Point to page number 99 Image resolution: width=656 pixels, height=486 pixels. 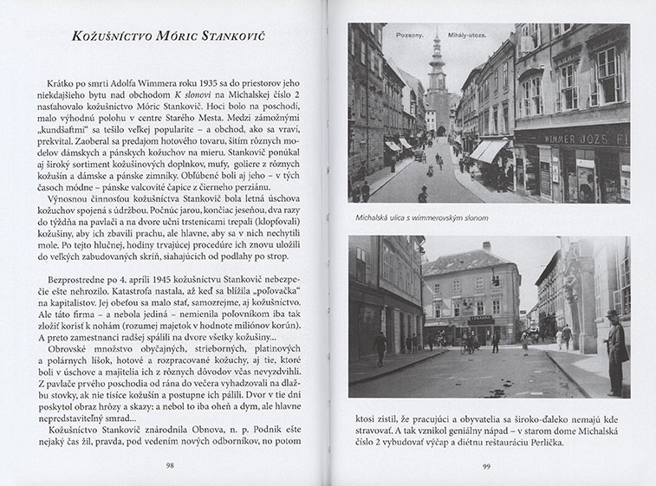pyautogui.click(x=488, y=464)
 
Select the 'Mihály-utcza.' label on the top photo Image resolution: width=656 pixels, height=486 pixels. pyautogui.click(x=467, y=36)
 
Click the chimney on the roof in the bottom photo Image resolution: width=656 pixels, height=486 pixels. pyautogui.click(x=487, y=248)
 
